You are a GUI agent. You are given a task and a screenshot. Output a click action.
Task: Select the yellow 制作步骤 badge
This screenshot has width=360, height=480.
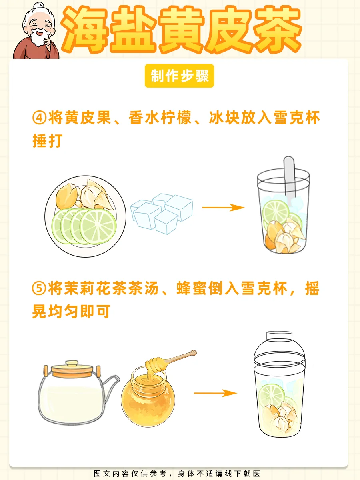click(179, 76)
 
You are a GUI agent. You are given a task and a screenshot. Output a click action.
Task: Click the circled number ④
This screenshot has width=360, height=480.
click(40, 118)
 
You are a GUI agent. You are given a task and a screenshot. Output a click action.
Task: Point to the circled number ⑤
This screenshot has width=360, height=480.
click(39, 289)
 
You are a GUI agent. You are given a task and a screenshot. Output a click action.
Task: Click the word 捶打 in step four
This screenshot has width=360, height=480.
click(48, 141)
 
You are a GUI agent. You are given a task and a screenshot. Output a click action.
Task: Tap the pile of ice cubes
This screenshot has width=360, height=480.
click(162, 213)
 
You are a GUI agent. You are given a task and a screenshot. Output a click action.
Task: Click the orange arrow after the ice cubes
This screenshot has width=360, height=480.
click(223, 207)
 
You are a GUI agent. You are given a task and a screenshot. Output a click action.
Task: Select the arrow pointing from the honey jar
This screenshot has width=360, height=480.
click(215, 393)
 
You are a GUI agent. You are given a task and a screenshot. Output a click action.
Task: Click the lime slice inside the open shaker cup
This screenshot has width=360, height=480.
click(276, 212)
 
